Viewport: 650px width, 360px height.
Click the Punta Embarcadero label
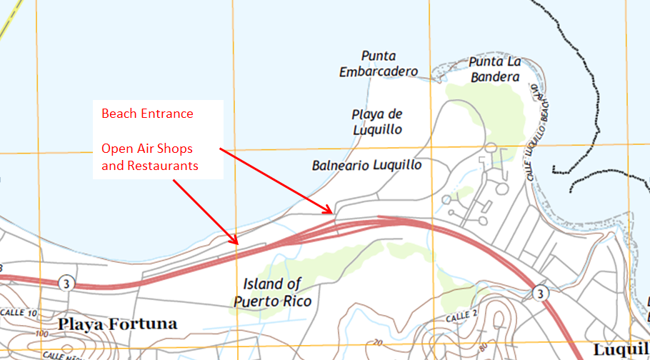click(379, 64)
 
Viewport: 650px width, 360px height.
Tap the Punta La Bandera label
click(494, 69)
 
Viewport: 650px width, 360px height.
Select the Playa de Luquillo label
click(377, 121)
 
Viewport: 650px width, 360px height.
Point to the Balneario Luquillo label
click(366, 165)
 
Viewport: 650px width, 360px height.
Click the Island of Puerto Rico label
click(272, 293)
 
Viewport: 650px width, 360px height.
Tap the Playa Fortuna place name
click(118, 324)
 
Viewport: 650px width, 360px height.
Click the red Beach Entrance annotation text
click(147, 114)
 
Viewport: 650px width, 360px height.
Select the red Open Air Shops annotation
click(148, 157)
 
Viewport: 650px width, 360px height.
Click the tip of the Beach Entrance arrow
click(332, 213)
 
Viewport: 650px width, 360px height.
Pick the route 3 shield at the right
click(541, 293)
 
